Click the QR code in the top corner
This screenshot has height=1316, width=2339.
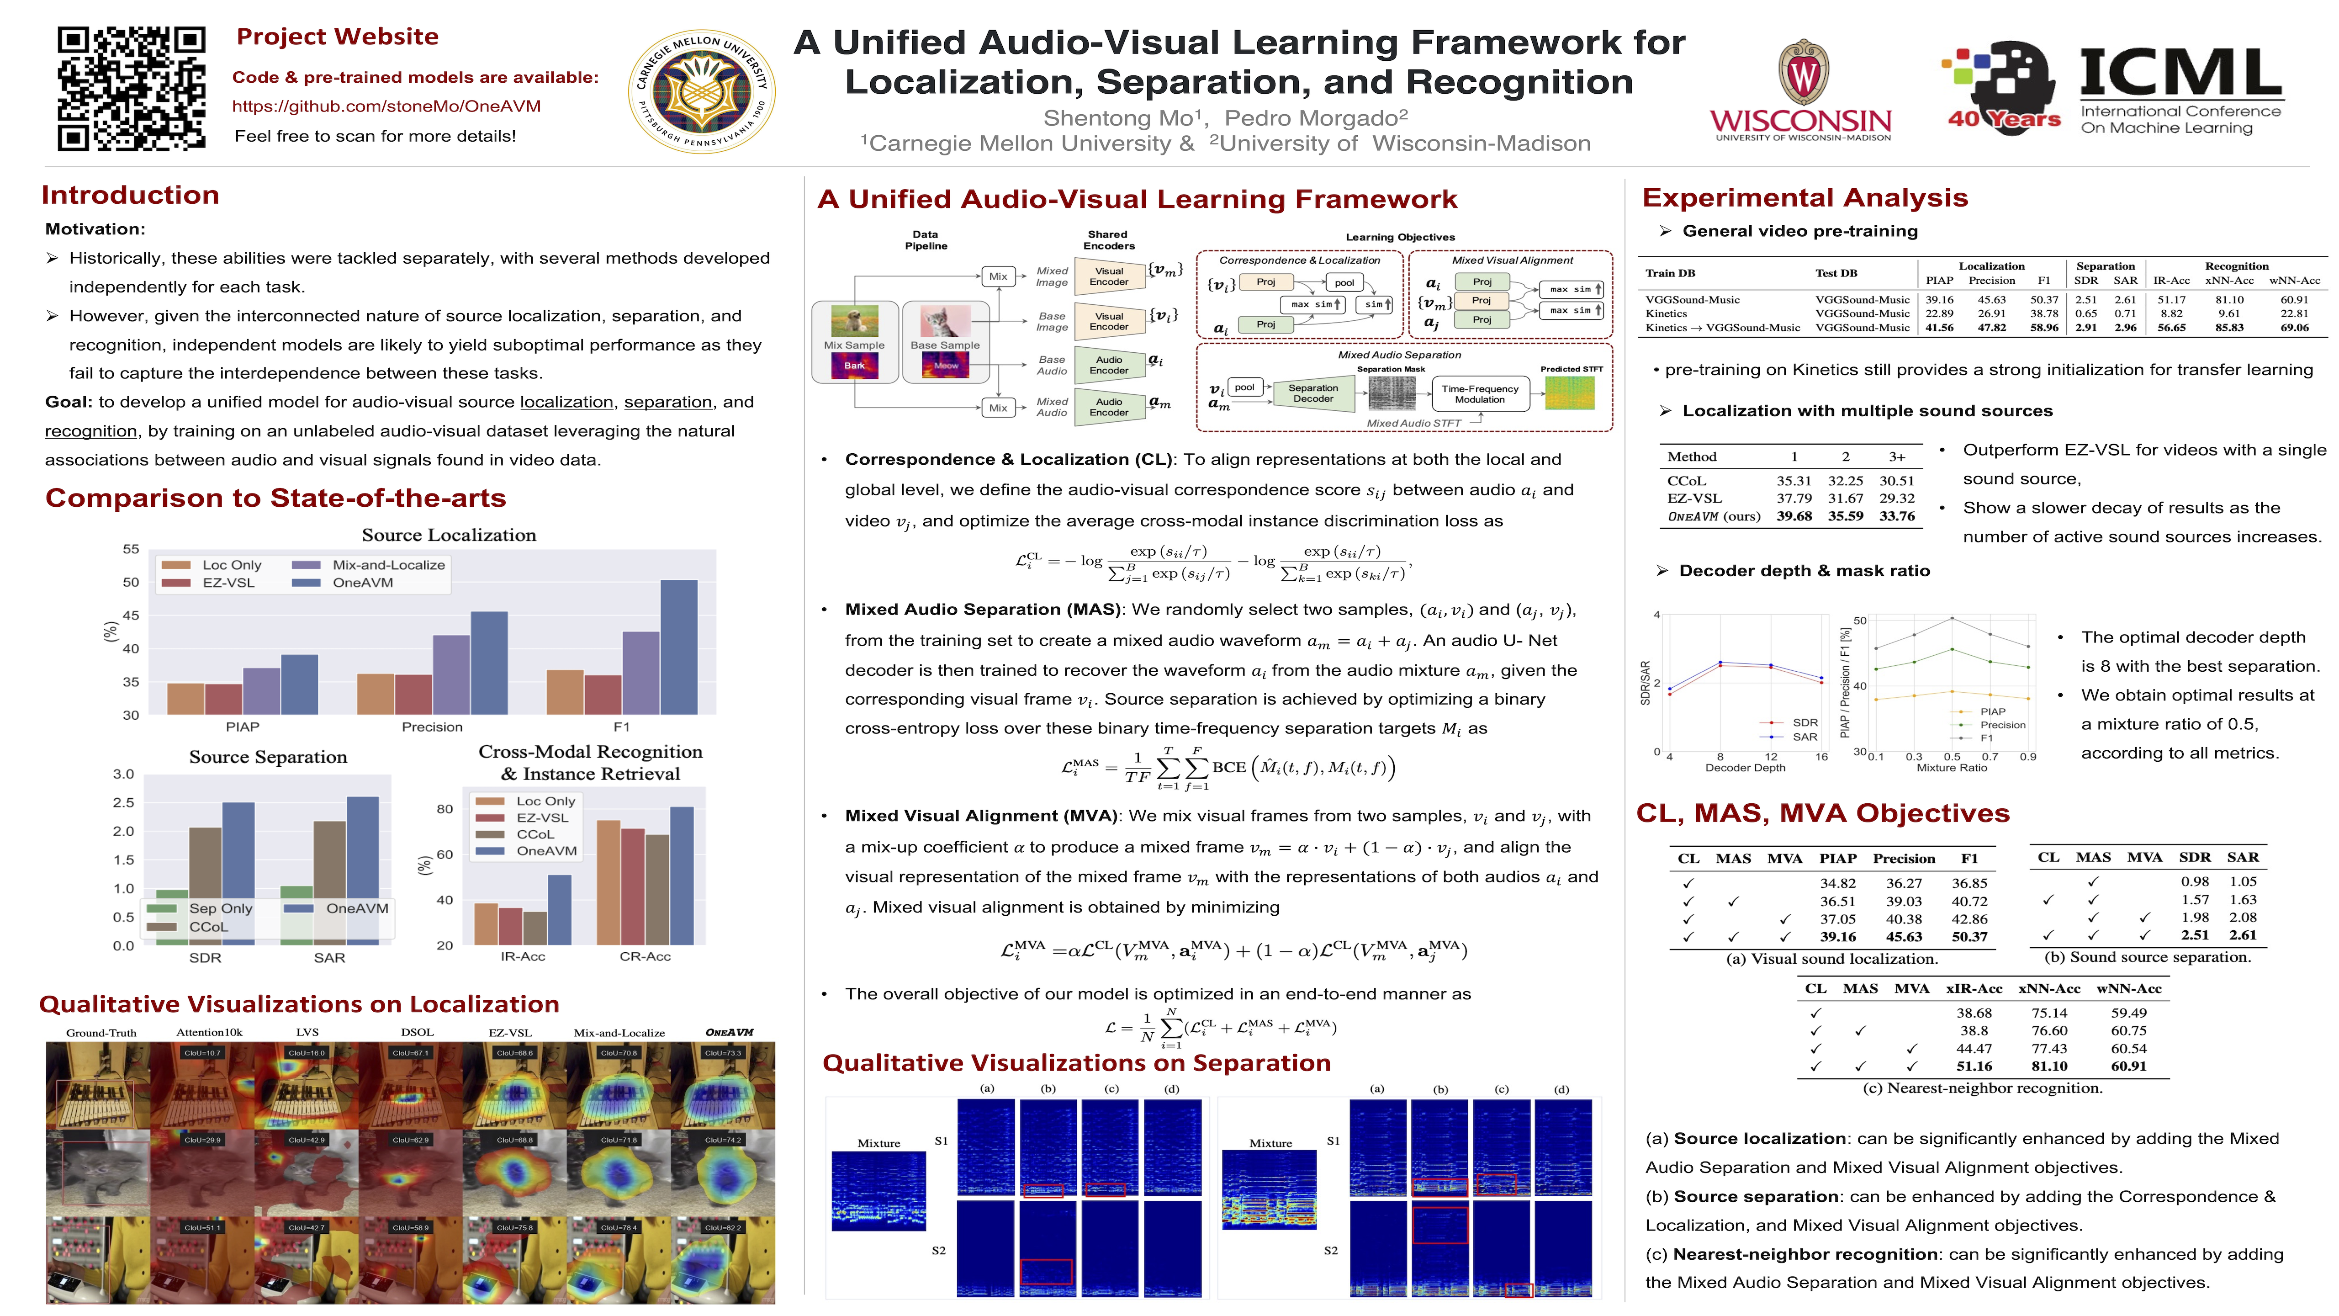point(132,88)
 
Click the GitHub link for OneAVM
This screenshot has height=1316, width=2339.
point(386,106)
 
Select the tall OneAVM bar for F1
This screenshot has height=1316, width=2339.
point(678,647)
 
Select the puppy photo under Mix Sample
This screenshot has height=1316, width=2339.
point(854,322)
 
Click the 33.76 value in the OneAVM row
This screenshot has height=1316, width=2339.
point(1897,516)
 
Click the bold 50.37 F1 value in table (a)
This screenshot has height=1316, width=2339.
point(1969,936)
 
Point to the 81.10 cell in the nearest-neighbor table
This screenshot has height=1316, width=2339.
point(2049,1066)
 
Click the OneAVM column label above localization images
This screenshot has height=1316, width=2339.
point(729,1033)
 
